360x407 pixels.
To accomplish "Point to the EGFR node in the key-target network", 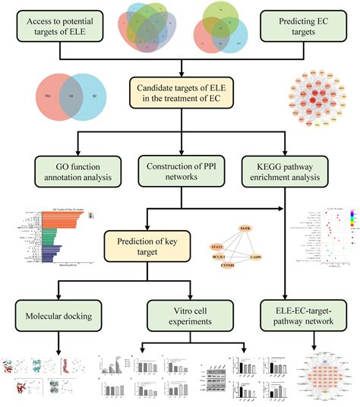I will pyautogui.click(x=245, y=228).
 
